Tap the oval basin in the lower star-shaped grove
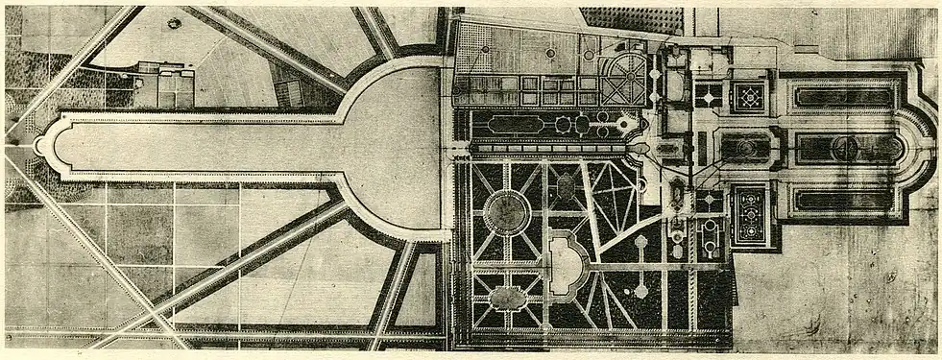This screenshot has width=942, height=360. [x=507, y=297]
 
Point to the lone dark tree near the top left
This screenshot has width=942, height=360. [x=174, y=23]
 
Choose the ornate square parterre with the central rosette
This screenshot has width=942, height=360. [x=749, y=96]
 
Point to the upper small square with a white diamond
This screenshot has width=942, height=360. [x=710, y=95]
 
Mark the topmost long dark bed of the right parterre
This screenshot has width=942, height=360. [x=845, y=97]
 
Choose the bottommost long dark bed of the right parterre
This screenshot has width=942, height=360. [x=845, y=200]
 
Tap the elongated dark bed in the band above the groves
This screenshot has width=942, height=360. [x=515, y=125]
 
